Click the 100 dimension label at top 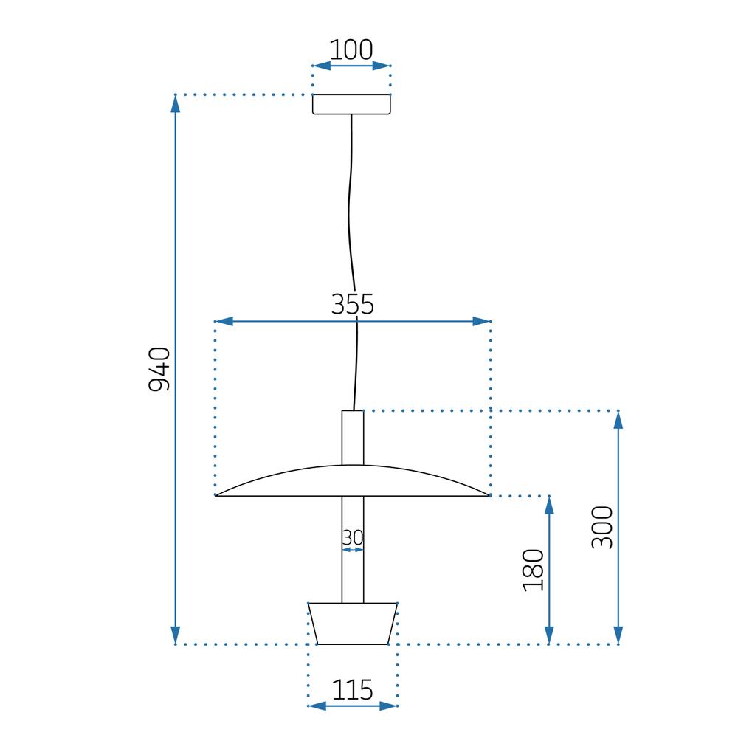[351, 49]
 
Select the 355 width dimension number [352, 304]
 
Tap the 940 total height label [159, 369]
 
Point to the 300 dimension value [602, 527]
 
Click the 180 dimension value [533, 570]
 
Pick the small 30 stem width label [353, 538]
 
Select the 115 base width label [352, 690]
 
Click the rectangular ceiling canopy [351, 105]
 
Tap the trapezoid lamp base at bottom [353, 624]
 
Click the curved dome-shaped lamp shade [353, 481]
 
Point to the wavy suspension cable [353, 221]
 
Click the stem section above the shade [353, 437]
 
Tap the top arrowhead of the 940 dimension [176, 104]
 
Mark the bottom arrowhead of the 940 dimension [176, 635]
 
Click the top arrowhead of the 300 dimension [618, 419]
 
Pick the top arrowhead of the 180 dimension [549, 506]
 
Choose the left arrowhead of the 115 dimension [317, 706]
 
